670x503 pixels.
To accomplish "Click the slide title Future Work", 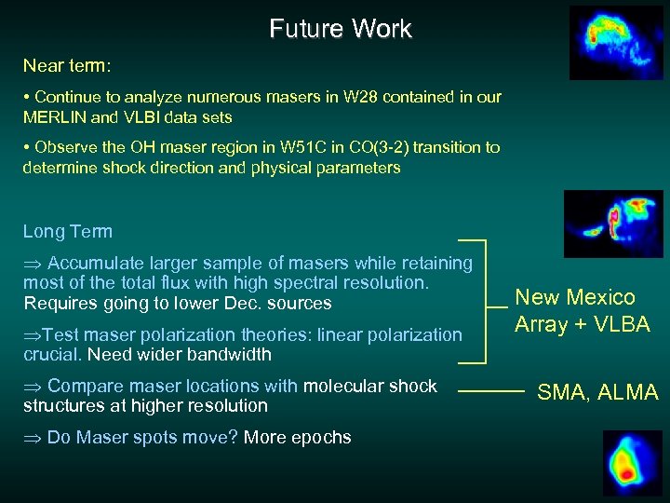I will tap(340, 29).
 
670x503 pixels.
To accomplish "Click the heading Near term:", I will tap(67, 67).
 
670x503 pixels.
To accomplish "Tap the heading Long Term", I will tap(67, 232).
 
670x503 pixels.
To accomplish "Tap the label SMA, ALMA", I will tap(597, 393).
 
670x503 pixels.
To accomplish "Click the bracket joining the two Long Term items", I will tap(484, 301).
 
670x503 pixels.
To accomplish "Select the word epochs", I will tap(323, 437).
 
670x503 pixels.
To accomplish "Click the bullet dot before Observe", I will tap(27, 148).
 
